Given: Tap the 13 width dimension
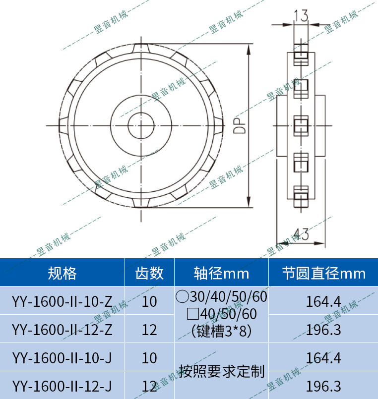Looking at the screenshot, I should coord(301,16).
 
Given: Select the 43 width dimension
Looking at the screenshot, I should coord(301,234).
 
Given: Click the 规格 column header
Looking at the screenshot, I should coord(62,273).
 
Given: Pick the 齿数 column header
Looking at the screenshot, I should coord(149,273).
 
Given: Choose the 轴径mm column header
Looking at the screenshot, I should coord(221,273).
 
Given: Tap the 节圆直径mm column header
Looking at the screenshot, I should coord(323,273).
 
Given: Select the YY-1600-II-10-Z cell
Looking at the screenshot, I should coord(62,301).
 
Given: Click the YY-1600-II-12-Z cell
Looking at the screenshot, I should coord(62,329).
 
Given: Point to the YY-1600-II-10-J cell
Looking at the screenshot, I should coord(62,357).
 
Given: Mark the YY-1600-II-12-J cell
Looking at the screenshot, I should coord(62,386).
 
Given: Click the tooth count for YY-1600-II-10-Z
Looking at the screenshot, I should coord(149,301).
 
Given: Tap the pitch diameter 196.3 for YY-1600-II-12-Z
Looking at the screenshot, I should coord(323,329).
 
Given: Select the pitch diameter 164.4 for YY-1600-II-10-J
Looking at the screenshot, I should coord(323,357).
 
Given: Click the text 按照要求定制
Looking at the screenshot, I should coord(221,371).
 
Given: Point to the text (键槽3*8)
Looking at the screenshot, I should coord(221,331).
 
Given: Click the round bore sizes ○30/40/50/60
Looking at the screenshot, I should coord(221,297).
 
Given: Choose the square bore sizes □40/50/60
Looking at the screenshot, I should coord(221,314).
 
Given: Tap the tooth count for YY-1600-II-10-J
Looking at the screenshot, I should coord(149,357).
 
